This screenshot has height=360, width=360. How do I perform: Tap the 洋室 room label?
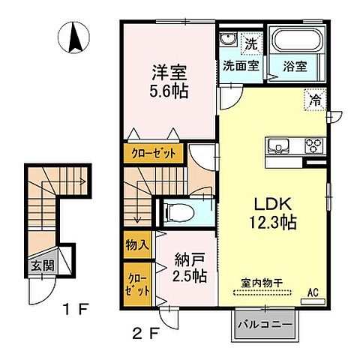tap(169, 73)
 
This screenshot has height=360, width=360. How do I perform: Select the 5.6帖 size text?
tap(169, 91)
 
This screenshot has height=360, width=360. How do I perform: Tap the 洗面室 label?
tap(240, 65)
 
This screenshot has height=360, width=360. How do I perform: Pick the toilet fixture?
tap(178, 212)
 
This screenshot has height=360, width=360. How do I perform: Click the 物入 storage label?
tap(136, 244)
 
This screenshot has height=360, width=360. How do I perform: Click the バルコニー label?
tap(262, 326)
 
